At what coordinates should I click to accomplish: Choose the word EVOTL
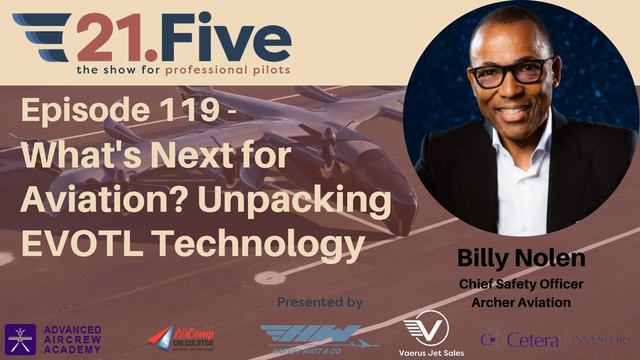point(81,240)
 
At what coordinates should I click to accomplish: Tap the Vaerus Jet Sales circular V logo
point(426,329)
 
